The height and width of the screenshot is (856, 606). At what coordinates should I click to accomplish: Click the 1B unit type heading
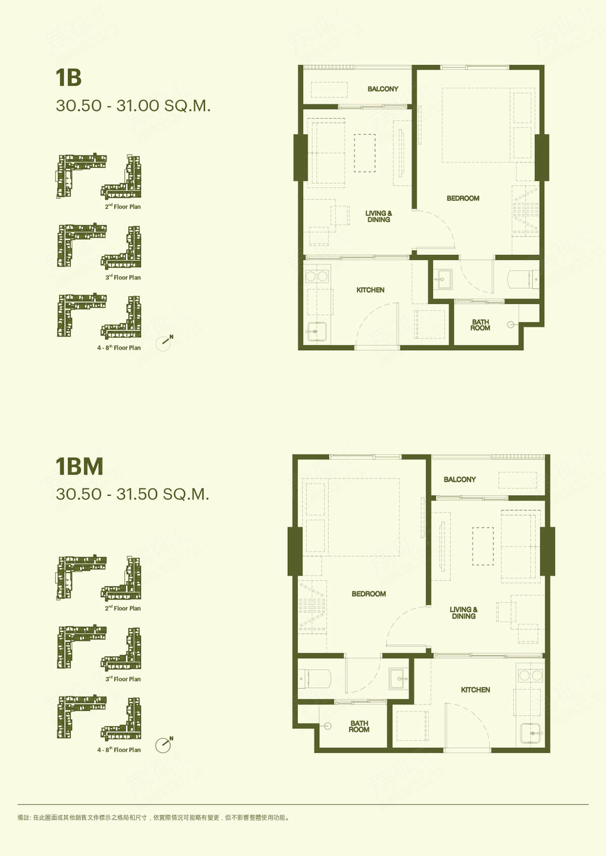pos(69,78)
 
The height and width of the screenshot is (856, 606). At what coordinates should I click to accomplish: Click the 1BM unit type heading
pos(79,466)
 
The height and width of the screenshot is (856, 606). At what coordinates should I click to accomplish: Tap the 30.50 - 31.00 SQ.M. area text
pos(133,106)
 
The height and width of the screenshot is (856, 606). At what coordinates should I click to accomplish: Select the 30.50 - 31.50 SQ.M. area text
pos(132,494)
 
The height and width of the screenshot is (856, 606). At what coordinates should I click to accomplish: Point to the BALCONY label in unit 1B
pos(383,89)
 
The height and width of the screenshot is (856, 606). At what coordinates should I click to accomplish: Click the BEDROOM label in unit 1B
pos(463,198)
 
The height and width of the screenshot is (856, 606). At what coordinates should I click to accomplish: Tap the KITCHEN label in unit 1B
pos(370,290)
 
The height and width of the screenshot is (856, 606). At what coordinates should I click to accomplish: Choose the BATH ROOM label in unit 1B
pos(480,325)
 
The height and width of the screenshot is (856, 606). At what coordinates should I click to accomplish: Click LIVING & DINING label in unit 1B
pos(379,217)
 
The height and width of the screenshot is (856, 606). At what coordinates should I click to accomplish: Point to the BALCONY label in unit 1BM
pos(460,479)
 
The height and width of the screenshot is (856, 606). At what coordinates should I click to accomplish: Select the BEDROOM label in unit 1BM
pos(369,594)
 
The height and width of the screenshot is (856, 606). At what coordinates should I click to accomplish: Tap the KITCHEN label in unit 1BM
pos(475,690)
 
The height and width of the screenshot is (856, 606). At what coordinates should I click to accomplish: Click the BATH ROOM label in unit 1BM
pos(359,726)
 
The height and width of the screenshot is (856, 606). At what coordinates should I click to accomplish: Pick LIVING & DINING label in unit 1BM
pos(464,613)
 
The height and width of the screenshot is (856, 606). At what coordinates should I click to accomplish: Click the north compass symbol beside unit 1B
pos(164,343)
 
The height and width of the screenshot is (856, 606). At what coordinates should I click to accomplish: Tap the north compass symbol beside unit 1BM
pos(164,745)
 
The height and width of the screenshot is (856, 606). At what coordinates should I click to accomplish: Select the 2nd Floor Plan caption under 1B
pos(123,207)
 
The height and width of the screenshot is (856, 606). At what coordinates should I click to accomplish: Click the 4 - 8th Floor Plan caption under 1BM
pos(119,750)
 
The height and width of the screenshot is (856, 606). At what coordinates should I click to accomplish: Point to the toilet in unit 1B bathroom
pos(523,279)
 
